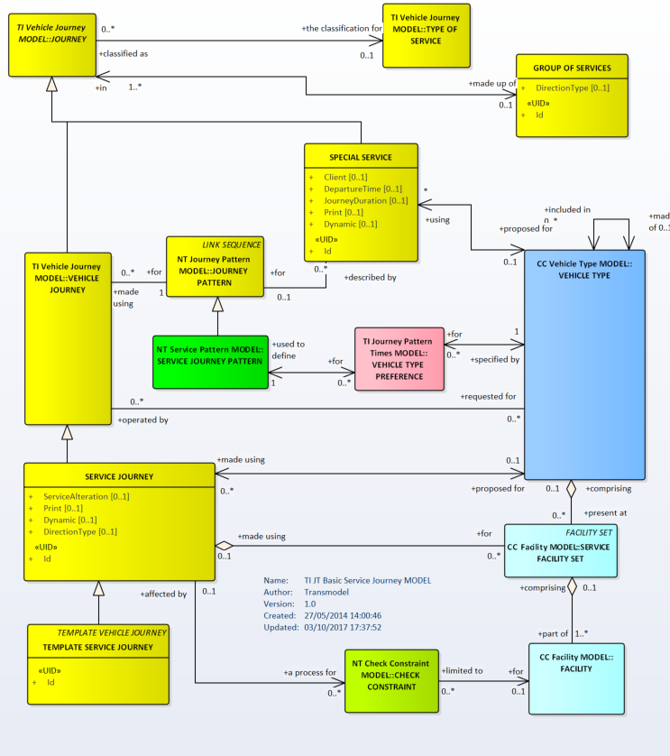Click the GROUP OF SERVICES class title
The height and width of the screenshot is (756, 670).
click(x=573, y=68)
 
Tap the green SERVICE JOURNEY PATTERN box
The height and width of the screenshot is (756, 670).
click(x=209, y=355)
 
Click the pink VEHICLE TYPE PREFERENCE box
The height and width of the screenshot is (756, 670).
click(x=398, y=358)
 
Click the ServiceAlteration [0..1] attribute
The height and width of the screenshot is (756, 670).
click(x=87, y=496)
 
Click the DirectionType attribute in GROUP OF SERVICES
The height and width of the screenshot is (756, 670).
click(x=573, y=88)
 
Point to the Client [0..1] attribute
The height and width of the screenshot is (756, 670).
click(x=344, y=177)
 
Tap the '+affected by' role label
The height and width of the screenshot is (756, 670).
click(x=163, y=594)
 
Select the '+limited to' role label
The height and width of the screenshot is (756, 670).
click(x=463, y=670)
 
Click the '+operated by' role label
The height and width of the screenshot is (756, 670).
click(x=142, y=419)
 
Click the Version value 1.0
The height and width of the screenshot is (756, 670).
click(x=311, y=604)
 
